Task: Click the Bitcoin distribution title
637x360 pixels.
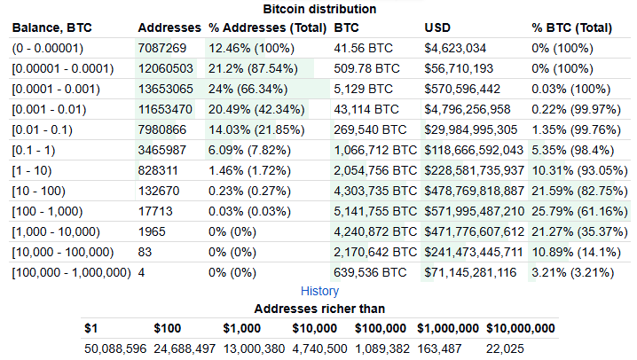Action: tap(319, 9)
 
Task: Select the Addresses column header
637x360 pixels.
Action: tap(169, 27)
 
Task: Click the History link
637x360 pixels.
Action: tap(319, 291)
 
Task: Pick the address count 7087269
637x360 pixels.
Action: tap(162, 47)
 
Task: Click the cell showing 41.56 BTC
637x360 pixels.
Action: tap(363, 47)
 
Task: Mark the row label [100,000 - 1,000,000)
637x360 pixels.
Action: tap(71, 272)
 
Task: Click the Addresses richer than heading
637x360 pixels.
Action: tap(319, 309)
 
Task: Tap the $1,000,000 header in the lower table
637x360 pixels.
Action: tap(446, 329)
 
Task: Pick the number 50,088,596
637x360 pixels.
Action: tap(114, 349)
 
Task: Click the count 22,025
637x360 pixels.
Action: tap(507, 349)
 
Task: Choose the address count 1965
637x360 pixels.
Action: tap(152, 231)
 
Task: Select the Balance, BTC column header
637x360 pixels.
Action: tap(51, 27)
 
